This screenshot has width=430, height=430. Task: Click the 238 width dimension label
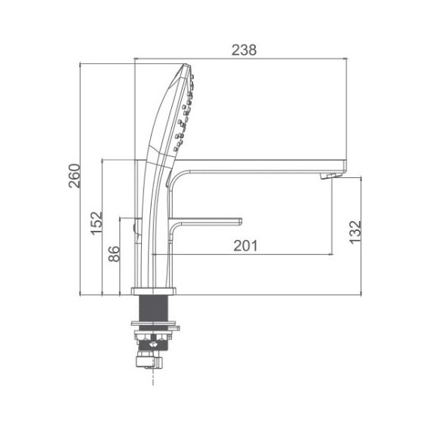(244, 50)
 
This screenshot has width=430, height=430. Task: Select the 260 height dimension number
(75, 176)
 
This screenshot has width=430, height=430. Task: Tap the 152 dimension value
(97, 223)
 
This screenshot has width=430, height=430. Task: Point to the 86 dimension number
(114, 253)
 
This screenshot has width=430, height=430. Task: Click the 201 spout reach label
(245, 246)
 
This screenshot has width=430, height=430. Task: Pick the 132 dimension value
(355, 232)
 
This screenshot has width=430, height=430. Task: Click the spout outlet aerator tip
(331, 176)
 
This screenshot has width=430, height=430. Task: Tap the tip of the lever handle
(241, 221)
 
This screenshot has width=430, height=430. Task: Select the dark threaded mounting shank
(153, 308)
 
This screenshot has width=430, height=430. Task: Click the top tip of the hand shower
(186, 65)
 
